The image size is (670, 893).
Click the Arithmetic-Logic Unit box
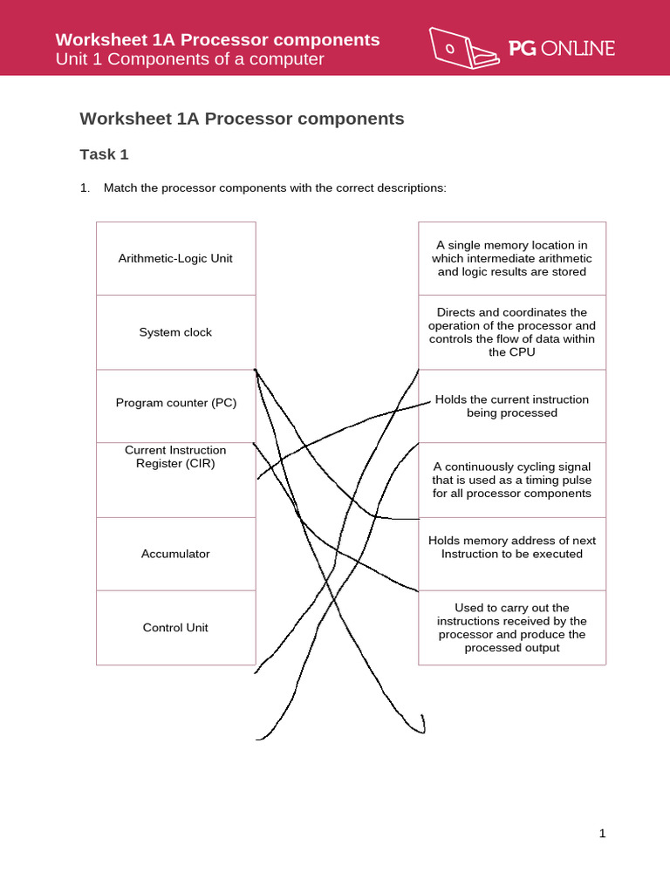(175, 258)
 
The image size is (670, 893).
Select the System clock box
(175, 332)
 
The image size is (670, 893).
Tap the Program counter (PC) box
(175, 403)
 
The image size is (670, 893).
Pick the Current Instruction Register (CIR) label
(175, 457)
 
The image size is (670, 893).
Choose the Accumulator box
(175, 554)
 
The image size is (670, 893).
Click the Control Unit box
(175, 628)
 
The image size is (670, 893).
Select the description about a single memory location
(511, 258)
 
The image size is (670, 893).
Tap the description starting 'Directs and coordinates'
(511, 332)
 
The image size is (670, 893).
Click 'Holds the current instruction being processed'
(511, 406)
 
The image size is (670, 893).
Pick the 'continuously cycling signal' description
(511, 480)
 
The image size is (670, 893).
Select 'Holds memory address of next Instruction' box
(511, 547)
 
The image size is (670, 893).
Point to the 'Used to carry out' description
(511, 628)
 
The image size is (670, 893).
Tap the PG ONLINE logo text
(562, 49)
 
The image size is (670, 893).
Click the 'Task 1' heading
(104, 154)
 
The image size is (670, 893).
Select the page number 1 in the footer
(602, 834)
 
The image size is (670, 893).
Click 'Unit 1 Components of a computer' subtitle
(189, 59)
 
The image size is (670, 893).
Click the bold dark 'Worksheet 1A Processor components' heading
(242, 119)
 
